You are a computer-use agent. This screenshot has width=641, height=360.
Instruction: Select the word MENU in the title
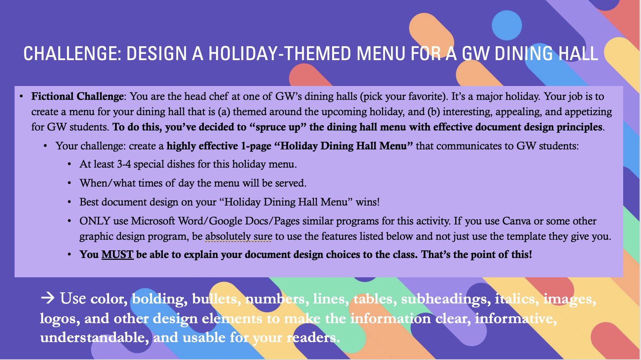[x=381, y=54]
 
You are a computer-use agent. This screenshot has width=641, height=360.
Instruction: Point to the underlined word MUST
[x=117, y=254]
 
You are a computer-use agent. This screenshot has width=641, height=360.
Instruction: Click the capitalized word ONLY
[x=95, y=221]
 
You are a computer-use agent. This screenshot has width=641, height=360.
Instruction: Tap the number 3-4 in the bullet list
[x=124, y=164]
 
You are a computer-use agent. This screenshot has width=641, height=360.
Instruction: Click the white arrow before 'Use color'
[x=48, y=298]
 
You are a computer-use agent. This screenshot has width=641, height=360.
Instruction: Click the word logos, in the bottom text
[x=60, y=318]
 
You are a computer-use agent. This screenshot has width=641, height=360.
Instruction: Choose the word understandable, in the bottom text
[x=94, y=338]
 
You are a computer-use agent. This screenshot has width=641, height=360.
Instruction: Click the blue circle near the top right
[x=507, y=25]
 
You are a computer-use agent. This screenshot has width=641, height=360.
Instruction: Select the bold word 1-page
[x=256, y=146]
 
